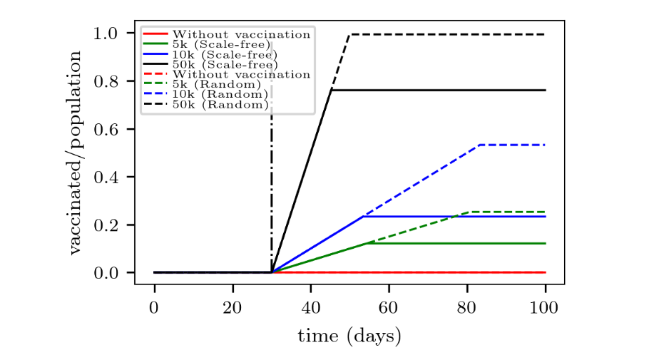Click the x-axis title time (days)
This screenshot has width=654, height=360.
[x=349, y=335]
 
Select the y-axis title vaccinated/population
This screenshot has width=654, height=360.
[x=75, y=153]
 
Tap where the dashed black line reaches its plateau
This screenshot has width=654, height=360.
[x=349, y=34]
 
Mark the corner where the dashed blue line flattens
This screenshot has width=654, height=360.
[x=480, y=145]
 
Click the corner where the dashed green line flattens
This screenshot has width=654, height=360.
[x=468, y=212]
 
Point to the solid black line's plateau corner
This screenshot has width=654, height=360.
[x=332, y=90]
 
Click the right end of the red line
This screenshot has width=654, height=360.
[x=546, y=272]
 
